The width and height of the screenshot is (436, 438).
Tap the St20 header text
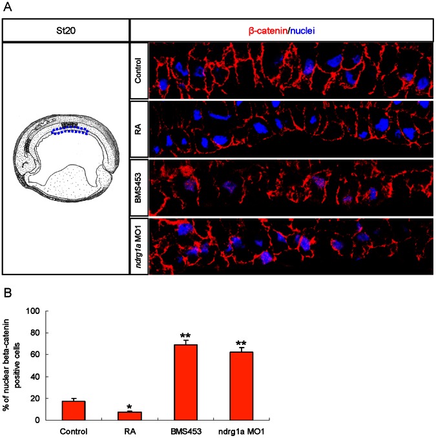[x=66, y=30]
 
